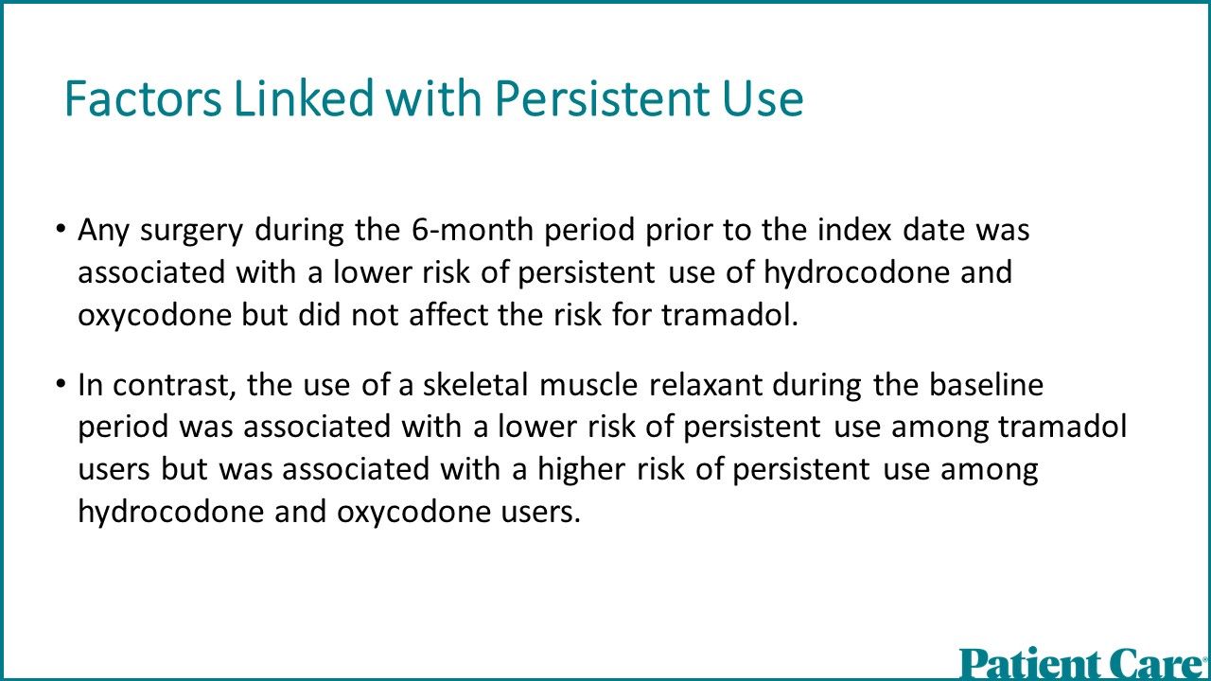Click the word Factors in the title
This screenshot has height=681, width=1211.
pos(143,98)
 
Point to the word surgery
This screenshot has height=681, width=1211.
pos(192,232)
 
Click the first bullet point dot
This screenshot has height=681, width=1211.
pos(61,228)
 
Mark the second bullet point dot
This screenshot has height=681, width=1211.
pos(61,383)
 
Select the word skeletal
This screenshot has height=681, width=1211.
pos(475,384)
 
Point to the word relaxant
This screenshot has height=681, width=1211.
pos(705,385)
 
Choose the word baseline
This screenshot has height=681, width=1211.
pos(986,384)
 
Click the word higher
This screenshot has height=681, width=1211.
pos(581,470)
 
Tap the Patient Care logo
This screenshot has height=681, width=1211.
pos(1084,663)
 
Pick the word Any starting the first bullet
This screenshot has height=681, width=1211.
pos(103,232)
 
